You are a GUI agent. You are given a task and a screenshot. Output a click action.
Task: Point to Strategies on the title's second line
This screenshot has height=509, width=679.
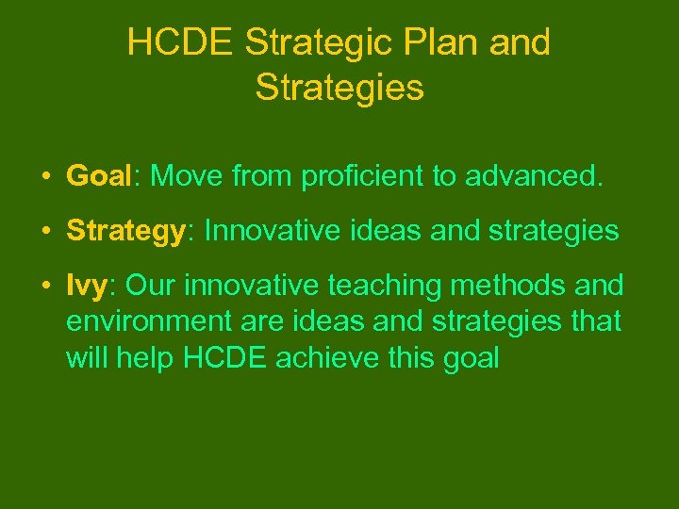coord(339,88)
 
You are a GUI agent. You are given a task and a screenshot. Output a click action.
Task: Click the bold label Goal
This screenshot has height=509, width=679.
coord(97,175)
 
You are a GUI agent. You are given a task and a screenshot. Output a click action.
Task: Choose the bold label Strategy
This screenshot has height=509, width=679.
coord(124,231)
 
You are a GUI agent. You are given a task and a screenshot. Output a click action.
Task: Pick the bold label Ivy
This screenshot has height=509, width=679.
coord(88,285)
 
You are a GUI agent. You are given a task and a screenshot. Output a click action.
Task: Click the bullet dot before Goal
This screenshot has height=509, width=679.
coord(45,176)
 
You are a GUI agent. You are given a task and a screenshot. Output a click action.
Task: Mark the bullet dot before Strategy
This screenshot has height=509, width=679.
coord(45,232)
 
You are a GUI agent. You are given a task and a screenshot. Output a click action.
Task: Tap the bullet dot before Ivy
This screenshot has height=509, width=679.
coord(45,286)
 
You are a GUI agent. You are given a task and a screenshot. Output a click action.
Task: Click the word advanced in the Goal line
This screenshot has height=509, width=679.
coord(538,175)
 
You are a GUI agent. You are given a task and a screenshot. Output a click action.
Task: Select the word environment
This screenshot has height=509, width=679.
coord(147,321)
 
